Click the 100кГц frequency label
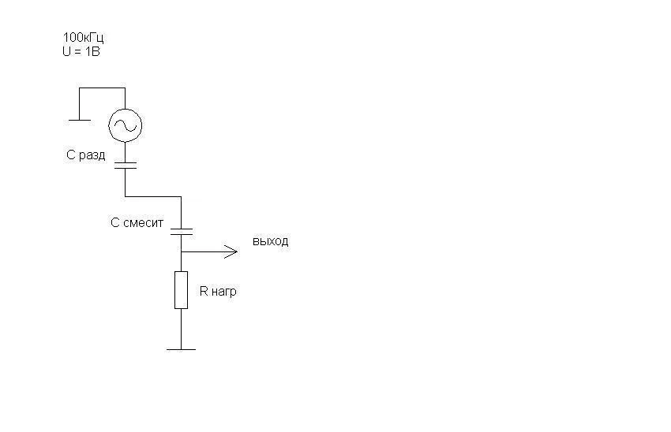(83, 38)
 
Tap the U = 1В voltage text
(81, 52)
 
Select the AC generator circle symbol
(125, 125)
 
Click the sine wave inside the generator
(125, 125)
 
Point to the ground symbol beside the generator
(79, 120)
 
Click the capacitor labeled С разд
(126, 165)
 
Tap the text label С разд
(85, 155)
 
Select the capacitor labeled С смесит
(182, 232)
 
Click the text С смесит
(137, 222)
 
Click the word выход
(271, 241)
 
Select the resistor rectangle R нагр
(181, 290)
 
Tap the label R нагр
(218, 292)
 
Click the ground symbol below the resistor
(181, 349)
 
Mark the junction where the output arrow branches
(181, 251)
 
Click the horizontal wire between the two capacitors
(153, 196)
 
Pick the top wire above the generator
(102, 88)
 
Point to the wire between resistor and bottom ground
(181, 329)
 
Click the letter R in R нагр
(204, 291)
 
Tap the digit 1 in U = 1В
(88, 52)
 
